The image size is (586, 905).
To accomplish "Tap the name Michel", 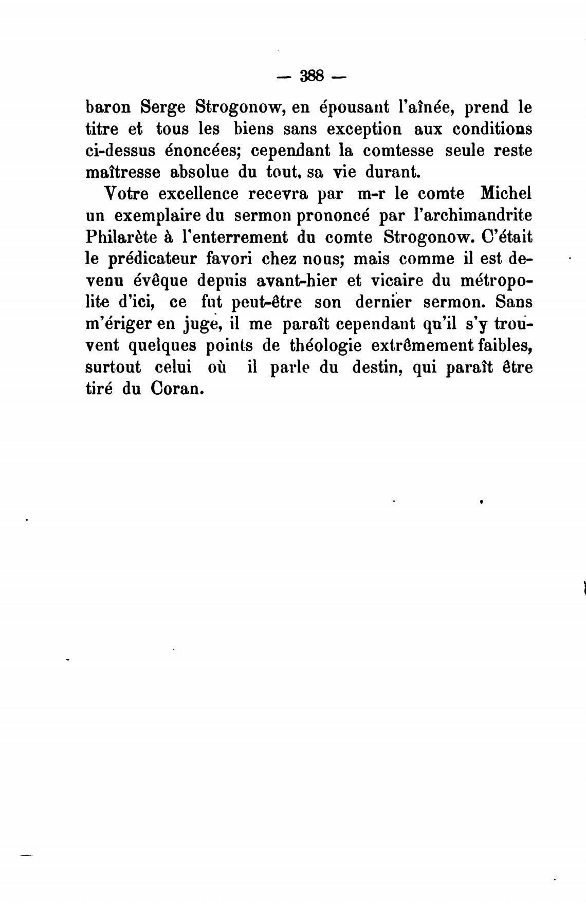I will click(505, 194).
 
